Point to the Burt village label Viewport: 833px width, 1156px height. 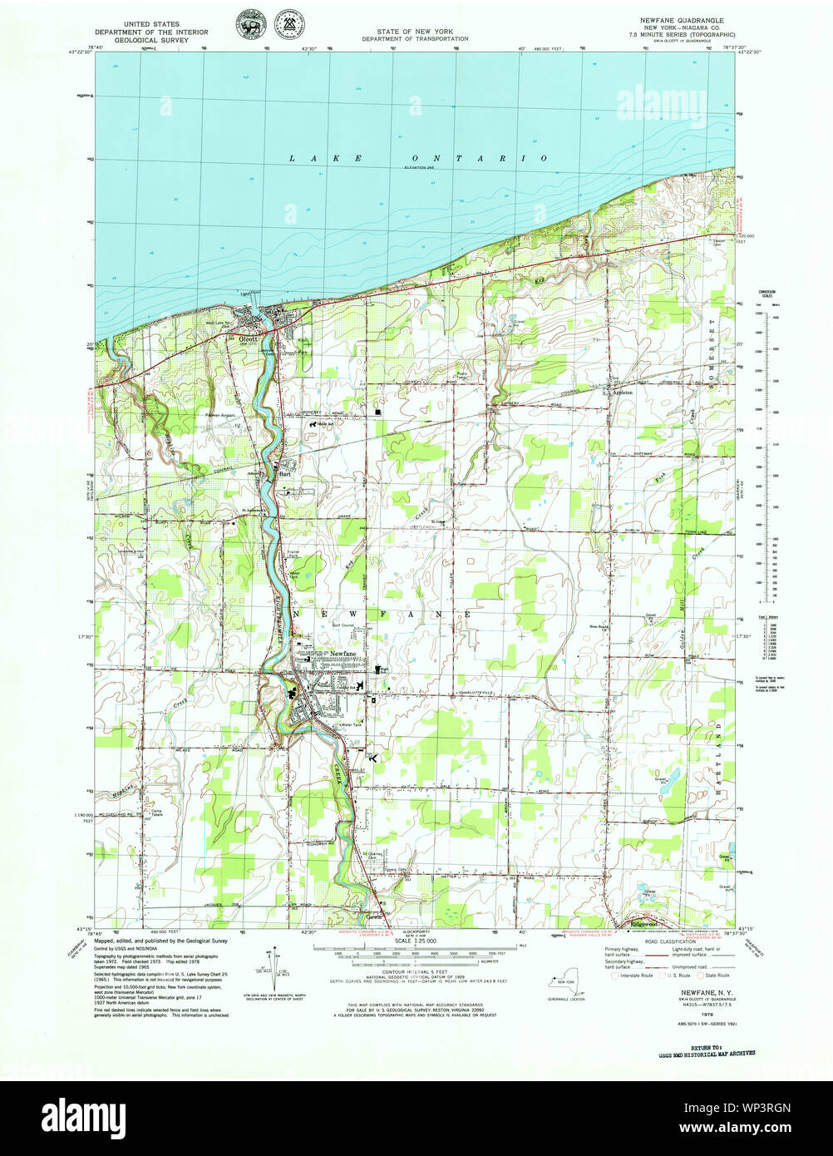point(284,474)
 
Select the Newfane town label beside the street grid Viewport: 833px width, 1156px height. point(343,655)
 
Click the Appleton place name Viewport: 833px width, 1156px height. point(623,391)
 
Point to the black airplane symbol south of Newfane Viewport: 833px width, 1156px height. point(372,758)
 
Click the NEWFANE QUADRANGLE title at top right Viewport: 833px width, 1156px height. point(682,19)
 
